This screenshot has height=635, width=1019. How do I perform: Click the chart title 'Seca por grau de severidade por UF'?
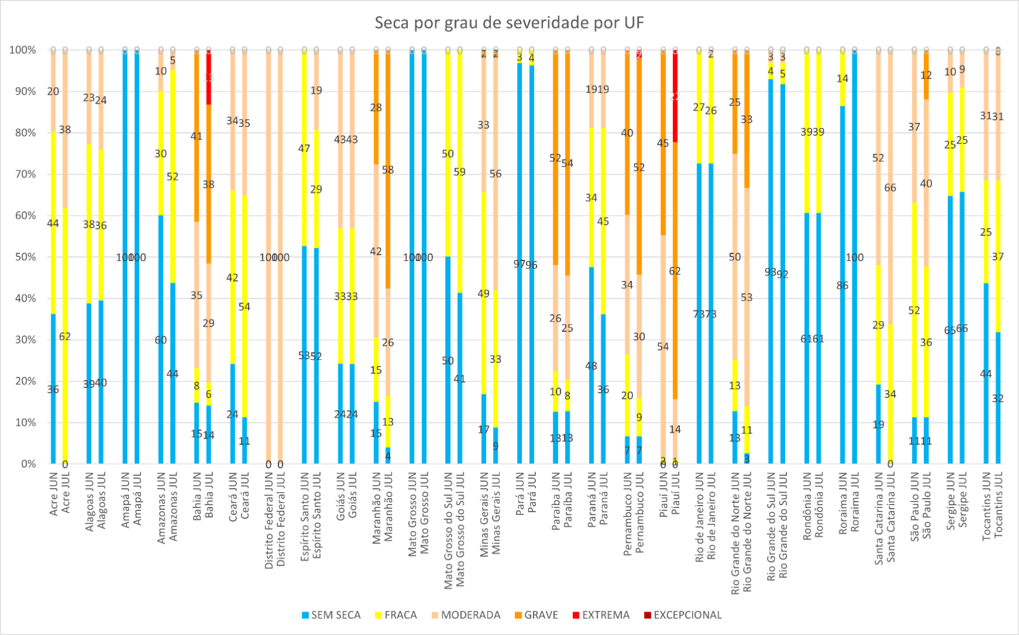pos(509,23)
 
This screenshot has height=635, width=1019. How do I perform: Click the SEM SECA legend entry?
pos(330,615)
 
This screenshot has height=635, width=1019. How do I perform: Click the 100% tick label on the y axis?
pos(22,50)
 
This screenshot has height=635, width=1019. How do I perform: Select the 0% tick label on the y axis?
pos(28,464)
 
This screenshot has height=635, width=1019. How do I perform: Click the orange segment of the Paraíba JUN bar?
pos(555,159)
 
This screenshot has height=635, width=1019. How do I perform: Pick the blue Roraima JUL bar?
pos(854,259)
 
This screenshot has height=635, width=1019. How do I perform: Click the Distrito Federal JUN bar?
pos(269,257)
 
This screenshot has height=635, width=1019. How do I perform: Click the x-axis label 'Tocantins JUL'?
pos(998,506)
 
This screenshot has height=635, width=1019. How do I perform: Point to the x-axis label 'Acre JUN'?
pos(53,494)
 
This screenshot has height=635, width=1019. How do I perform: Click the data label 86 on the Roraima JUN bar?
pos(842,286)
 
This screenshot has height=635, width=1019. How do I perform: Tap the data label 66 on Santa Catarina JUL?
pos(890,188)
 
